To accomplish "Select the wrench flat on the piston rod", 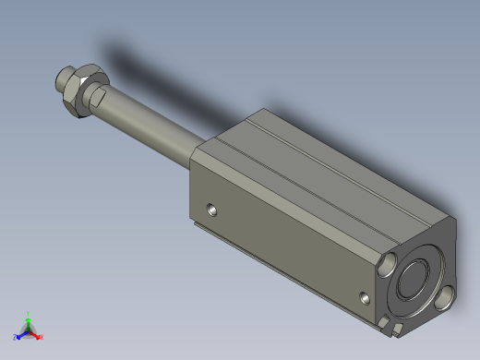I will tap(99, 96).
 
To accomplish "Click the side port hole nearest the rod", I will tap(213, 210).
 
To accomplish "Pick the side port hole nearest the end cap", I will tap(366, 298).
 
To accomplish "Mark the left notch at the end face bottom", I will tap(384, 321).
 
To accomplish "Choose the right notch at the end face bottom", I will tap(398, 328).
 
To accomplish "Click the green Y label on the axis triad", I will tap(29, 314).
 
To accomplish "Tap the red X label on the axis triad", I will tap(42, 337).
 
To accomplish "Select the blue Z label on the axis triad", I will tap(15, 338).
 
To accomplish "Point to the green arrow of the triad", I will tap(29, 322).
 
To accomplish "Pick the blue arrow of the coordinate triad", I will tap(21, 334).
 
